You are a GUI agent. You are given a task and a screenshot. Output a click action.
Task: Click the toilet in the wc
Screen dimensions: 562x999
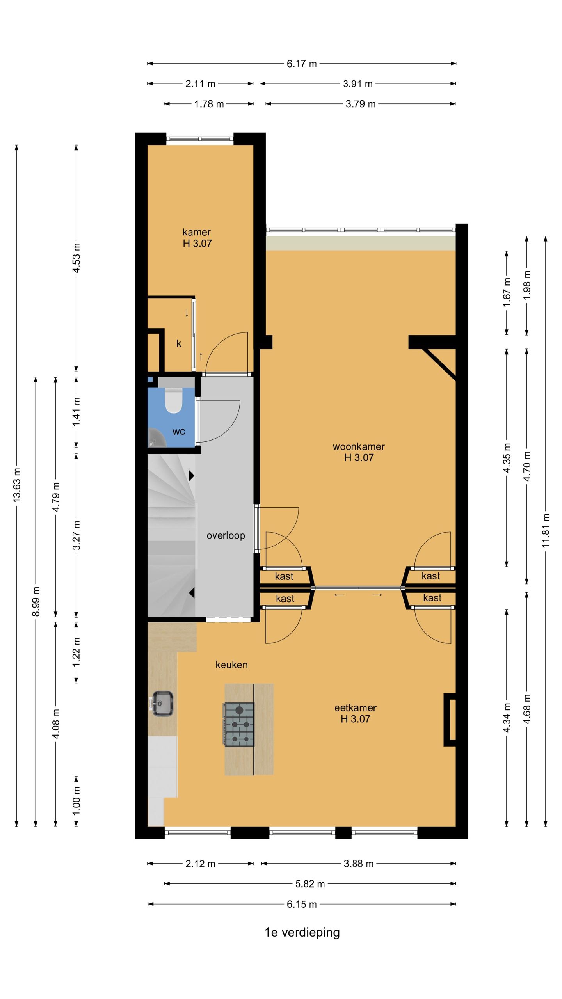174,400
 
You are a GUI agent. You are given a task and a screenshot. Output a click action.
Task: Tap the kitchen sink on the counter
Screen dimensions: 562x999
162,704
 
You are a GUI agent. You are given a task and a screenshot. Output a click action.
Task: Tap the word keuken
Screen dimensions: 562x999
231,665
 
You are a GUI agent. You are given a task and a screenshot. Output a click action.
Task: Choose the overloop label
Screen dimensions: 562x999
226,535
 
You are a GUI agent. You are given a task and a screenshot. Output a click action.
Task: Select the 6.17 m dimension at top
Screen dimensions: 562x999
302,64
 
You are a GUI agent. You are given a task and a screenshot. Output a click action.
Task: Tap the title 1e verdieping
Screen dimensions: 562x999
302,932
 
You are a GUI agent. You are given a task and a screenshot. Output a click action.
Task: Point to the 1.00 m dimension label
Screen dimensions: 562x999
76,800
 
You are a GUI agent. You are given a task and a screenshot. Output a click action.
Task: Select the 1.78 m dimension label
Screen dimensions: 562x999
209,104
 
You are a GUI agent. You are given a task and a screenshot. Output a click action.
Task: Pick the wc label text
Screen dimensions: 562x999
179,432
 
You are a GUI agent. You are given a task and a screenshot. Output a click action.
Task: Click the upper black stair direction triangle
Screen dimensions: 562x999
192,476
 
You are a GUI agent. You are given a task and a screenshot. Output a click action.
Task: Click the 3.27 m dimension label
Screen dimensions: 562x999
76,535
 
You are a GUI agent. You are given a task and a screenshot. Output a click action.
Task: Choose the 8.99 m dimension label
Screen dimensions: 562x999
36,601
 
